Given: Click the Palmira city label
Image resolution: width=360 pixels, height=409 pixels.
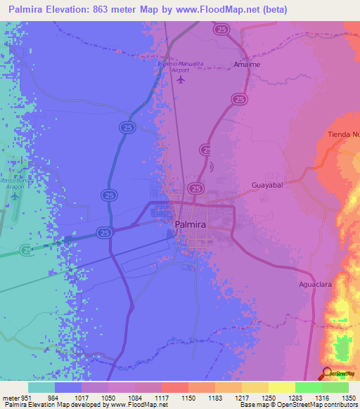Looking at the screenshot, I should tap(189, 224).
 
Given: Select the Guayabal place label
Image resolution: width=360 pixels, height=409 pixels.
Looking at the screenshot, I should tap(266, 186).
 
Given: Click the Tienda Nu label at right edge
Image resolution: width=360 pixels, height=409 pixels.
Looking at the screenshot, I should tap(344, 134).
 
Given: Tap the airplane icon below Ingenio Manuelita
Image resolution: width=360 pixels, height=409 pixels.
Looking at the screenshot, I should tap(181, 79).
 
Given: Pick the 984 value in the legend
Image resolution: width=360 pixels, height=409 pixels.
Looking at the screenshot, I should tap(54, 398).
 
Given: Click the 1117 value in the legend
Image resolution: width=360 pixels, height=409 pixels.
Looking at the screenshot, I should tap(161, 398).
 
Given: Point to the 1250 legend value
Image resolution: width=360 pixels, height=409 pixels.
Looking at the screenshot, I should tap(268, 398).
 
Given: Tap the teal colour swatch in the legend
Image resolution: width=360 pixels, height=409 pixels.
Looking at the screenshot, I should tap(41, 387).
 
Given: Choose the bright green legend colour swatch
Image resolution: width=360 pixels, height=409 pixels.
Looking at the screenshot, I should tap(308, 387).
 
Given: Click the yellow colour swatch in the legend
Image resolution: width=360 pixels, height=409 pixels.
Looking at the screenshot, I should tap(281, 387).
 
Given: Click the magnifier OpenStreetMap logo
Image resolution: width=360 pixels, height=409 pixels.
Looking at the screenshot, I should tap(328, 373).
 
